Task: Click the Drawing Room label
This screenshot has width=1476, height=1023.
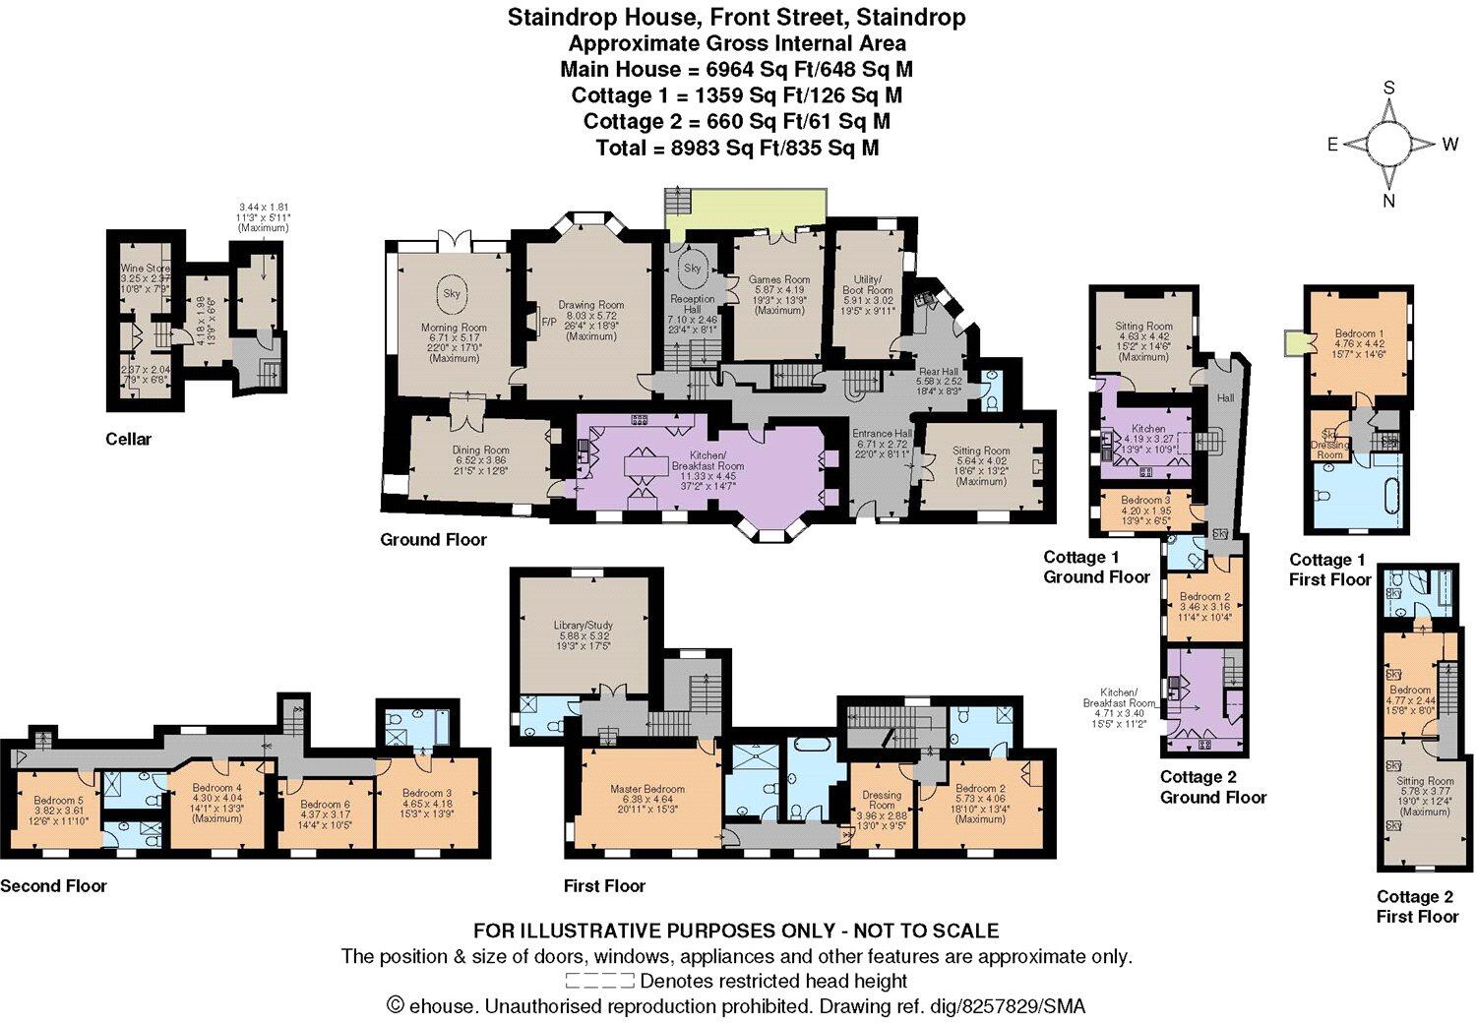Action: pos(592,305)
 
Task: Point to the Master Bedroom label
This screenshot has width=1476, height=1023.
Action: pos(647,789)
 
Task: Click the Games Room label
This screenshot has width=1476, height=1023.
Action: pos(779,279)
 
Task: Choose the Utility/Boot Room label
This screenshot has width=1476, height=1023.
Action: pos(868,285)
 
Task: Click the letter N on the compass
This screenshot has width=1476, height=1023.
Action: pos(1389,202)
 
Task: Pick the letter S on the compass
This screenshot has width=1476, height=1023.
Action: pos(1389,88)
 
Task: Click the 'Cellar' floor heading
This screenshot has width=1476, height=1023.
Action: pos(129,439)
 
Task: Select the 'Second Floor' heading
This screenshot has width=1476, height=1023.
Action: pos(53,885)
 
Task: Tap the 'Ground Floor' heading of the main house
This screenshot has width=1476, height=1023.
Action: pos(433,539)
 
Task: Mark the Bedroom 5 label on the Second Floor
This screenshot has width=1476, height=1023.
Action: pos(59,800)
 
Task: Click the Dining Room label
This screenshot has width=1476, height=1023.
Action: pos(482,451)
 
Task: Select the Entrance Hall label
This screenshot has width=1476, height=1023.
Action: pos(883,433)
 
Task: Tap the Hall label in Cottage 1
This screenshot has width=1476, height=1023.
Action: pos(1226,397)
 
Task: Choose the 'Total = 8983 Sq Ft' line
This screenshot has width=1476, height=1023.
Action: pos(737,148)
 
